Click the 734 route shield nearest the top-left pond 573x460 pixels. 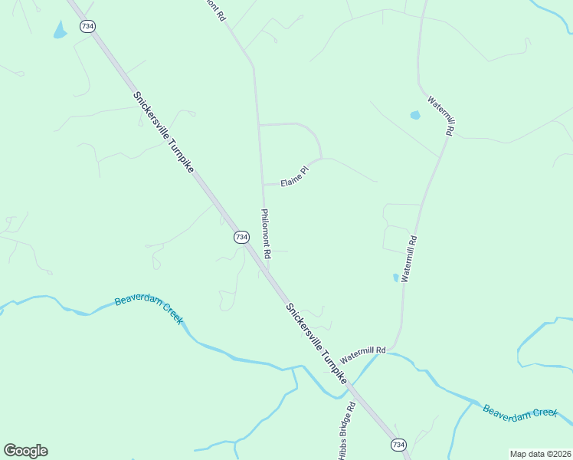tap(88, 26)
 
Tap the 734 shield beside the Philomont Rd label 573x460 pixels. tap(241, 238)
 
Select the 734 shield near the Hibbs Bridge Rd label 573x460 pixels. tap(398, 445)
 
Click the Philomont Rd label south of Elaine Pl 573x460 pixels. tap(267, 234)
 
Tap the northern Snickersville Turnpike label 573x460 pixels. tap(163, 132)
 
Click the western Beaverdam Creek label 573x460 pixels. tap(149, 309)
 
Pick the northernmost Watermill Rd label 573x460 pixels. tap(441, 116)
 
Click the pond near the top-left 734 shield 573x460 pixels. tap(60, 30)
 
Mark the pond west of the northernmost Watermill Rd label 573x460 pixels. tap(415, 116)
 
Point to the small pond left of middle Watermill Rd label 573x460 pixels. tap(395, 278)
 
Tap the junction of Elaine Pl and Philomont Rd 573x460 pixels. tap(263, 185)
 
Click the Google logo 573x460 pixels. tap(25, 451)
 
